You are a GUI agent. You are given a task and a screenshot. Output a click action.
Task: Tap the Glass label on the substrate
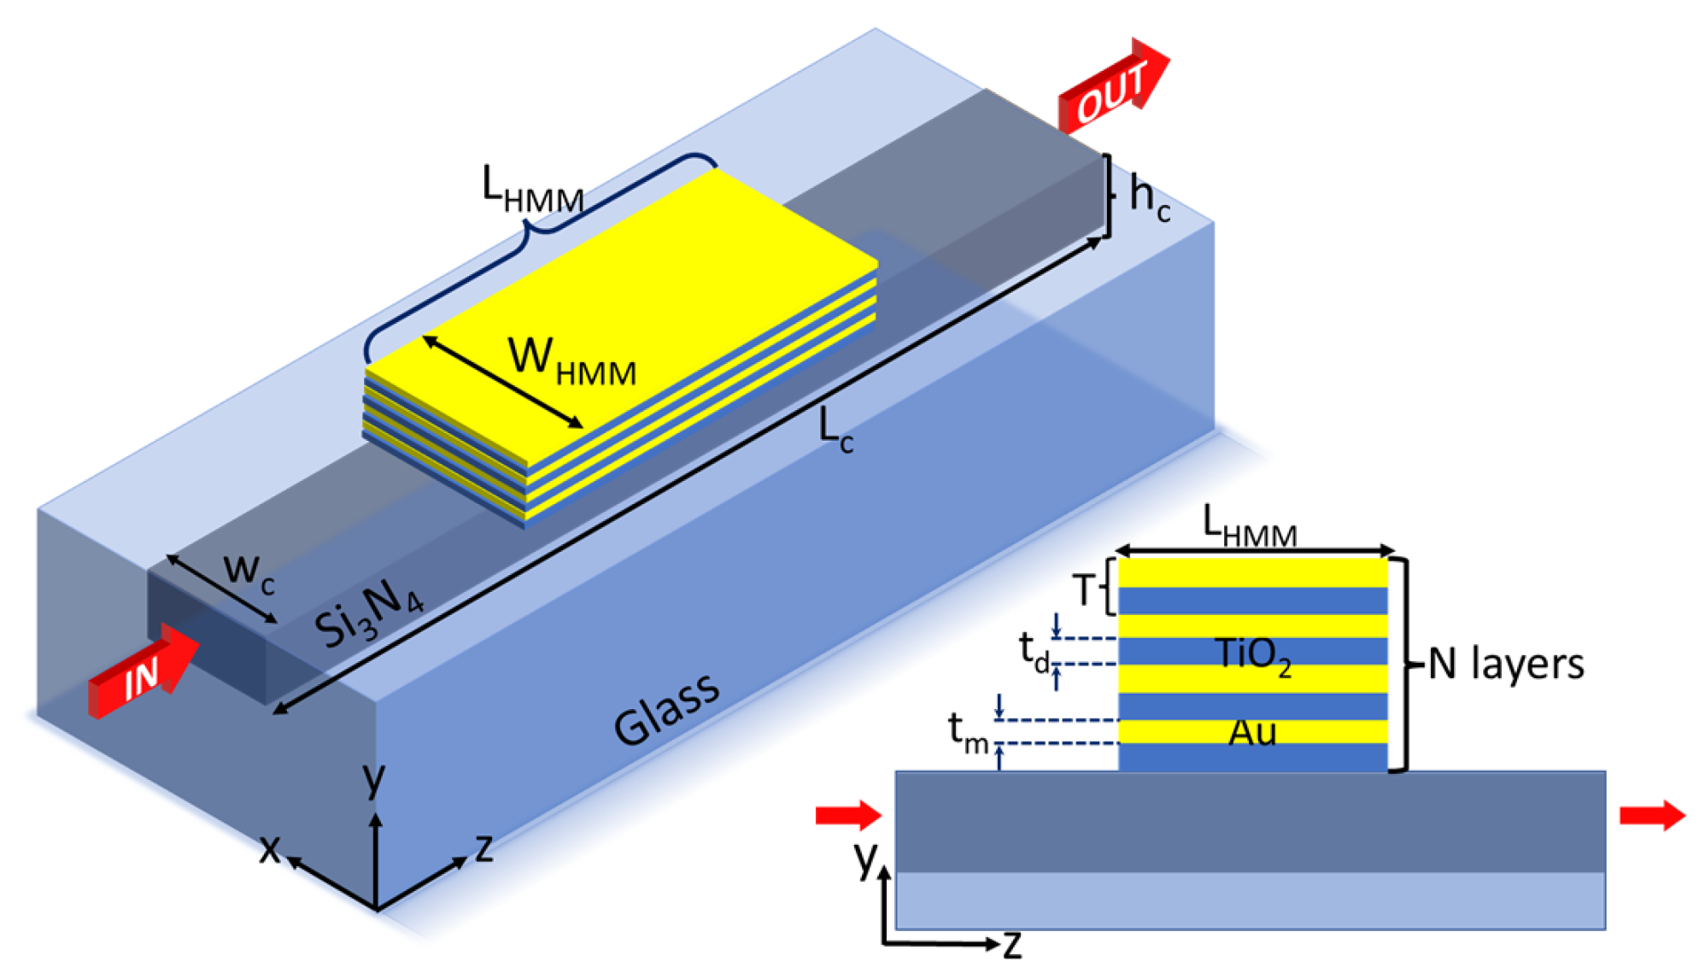(667, 708)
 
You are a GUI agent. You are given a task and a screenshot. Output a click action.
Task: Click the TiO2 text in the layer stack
(1252, 655)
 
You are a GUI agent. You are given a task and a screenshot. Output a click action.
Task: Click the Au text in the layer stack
(1252, 732)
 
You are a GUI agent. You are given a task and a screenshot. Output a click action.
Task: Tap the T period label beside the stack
(1083, 589)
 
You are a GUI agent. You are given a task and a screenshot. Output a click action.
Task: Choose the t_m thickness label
(968, 731)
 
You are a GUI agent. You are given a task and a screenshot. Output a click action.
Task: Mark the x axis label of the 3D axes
(270, 849)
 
